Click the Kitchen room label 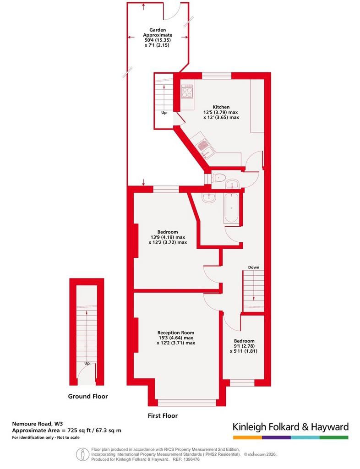[221, 107]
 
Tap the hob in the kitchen [187, 91]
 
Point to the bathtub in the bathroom [231, 208]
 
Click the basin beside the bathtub [209, 198]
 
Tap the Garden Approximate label [158, 33]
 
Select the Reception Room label [176, 333]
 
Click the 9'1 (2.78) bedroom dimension [244, 346]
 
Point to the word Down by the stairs [254, 267]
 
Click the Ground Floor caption [88, 396]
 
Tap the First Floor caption [163, 416]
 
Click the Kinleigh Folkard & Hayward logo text [291, 427]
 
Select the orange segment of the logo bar [248, 437]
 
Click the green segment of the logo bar [334, 437]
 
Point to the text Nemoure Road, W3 [38, 424]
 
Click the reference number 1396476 [191, 459]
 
